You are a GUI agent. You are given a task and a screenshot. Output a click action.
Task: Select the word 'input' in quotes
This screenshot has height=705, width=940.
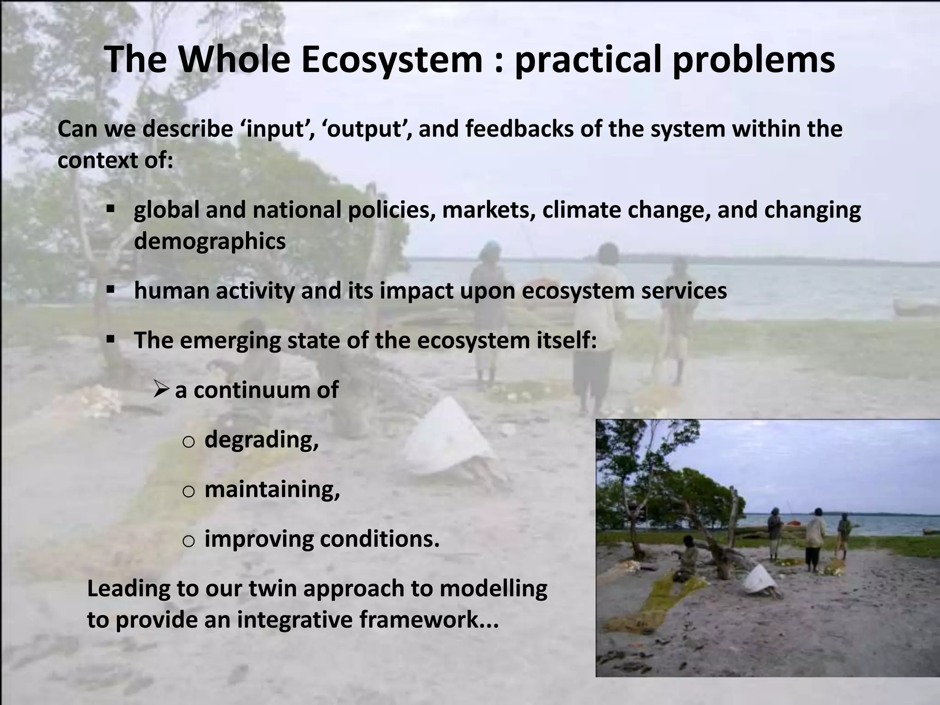(x=275, y=129)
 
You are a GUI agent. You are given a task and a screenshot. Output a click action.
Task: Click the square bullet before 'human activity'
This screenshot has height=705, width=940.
(x=110, y=290)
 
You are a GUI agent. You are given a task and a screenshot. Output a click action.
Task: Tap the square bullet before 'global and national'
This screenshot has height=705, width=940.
(x=110, y=209)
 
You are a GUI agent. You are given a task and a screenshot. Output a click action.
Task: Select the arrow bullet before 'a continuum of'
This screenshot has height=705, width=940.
(x=162, y=390)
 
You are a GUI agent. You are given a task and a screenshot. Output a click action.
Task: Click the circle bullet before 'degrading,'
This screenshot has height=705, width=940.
(x=189, y=442)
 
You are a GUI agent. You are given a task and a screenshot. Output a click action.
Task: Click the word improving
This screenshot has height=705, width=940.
(x=258, y=539)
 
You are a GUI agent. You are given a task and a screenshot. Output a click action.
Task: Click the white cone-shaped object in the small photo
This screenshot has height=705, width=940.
(x=760, y=579)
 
